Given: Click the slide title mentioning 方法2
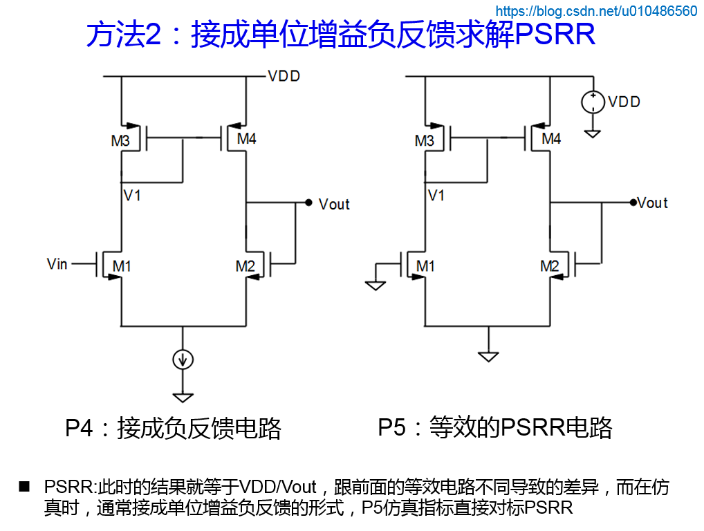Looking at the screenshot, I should pos(340,35).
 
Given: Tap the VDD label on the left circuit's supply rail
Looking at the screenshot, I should pos(284,76).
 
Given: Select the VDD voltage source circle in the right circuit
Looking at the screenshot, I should pos(592,102).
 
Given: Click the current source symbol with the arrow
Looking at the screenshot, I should pos(183,359).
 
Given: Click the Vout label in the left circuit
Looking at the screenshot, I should pos(334,204).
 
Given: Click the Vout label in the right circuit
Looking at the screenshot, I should pos(652,203).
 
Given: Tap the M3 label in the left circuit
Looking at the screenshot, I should pos(120,141).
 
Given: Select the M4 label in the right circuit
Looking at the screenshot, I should pos(551,139).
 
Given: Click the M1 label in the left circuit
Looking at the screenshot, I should pos(122,265).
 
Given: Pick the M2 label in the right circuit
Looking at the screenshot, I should pos(550,265).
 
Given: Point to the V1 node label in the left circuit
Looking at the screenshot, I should pos(132,196).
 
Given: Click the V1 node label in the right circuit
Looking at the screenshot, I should pos(436,196).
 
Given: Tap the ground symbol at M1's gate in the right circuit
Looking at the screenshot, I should pos(375,284).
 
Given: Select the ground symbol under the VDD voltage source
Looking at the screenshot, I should pos(592,132).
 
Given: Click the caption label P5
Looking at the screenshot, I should pos(391,427).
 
